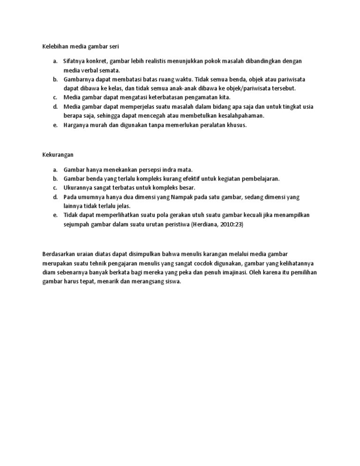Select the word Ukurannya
click(77, 188)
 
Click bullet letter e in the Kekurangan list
click(55, 215)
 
